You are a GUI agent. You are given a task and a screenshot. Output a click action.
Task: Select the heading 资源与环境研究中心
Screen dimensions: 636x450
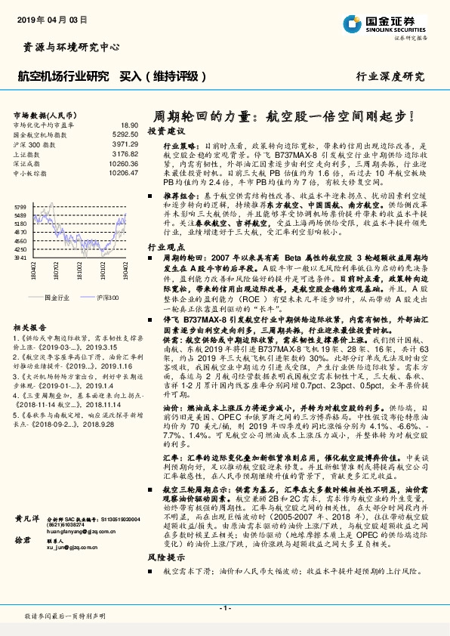[x=67, y=48]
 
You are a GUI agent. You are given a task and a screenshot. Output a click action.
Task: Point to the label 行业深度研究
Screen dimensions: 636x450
[x=390, y=76]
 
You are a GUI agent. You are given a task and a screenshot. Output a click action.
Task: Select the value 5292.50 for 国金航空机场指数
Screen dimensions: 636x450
[x=125, y=134]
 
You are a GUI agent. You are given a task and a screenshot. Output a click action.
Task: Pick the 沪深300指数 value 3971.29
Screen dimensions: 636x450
[x=125, y=143]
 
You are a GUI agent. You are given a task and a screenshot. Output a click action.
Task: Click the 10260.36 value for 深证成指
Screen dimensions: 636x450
[x=123, y=162]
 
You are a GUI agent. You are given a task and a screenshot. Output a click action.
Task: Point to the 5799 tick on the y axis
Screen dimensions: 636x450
[x=20, y=206]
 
